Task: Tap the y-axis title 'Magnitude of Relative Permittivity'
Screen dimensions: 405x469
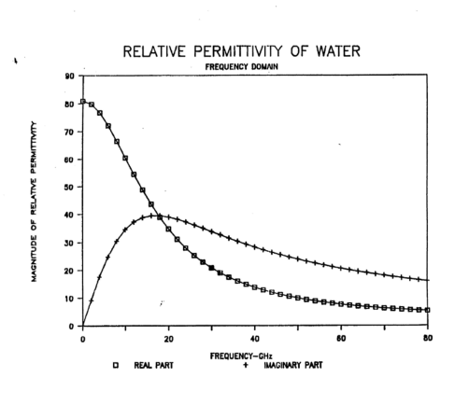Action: (34, 200)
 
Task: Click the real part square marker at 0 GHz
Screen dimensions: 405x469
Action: (83, 102)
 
